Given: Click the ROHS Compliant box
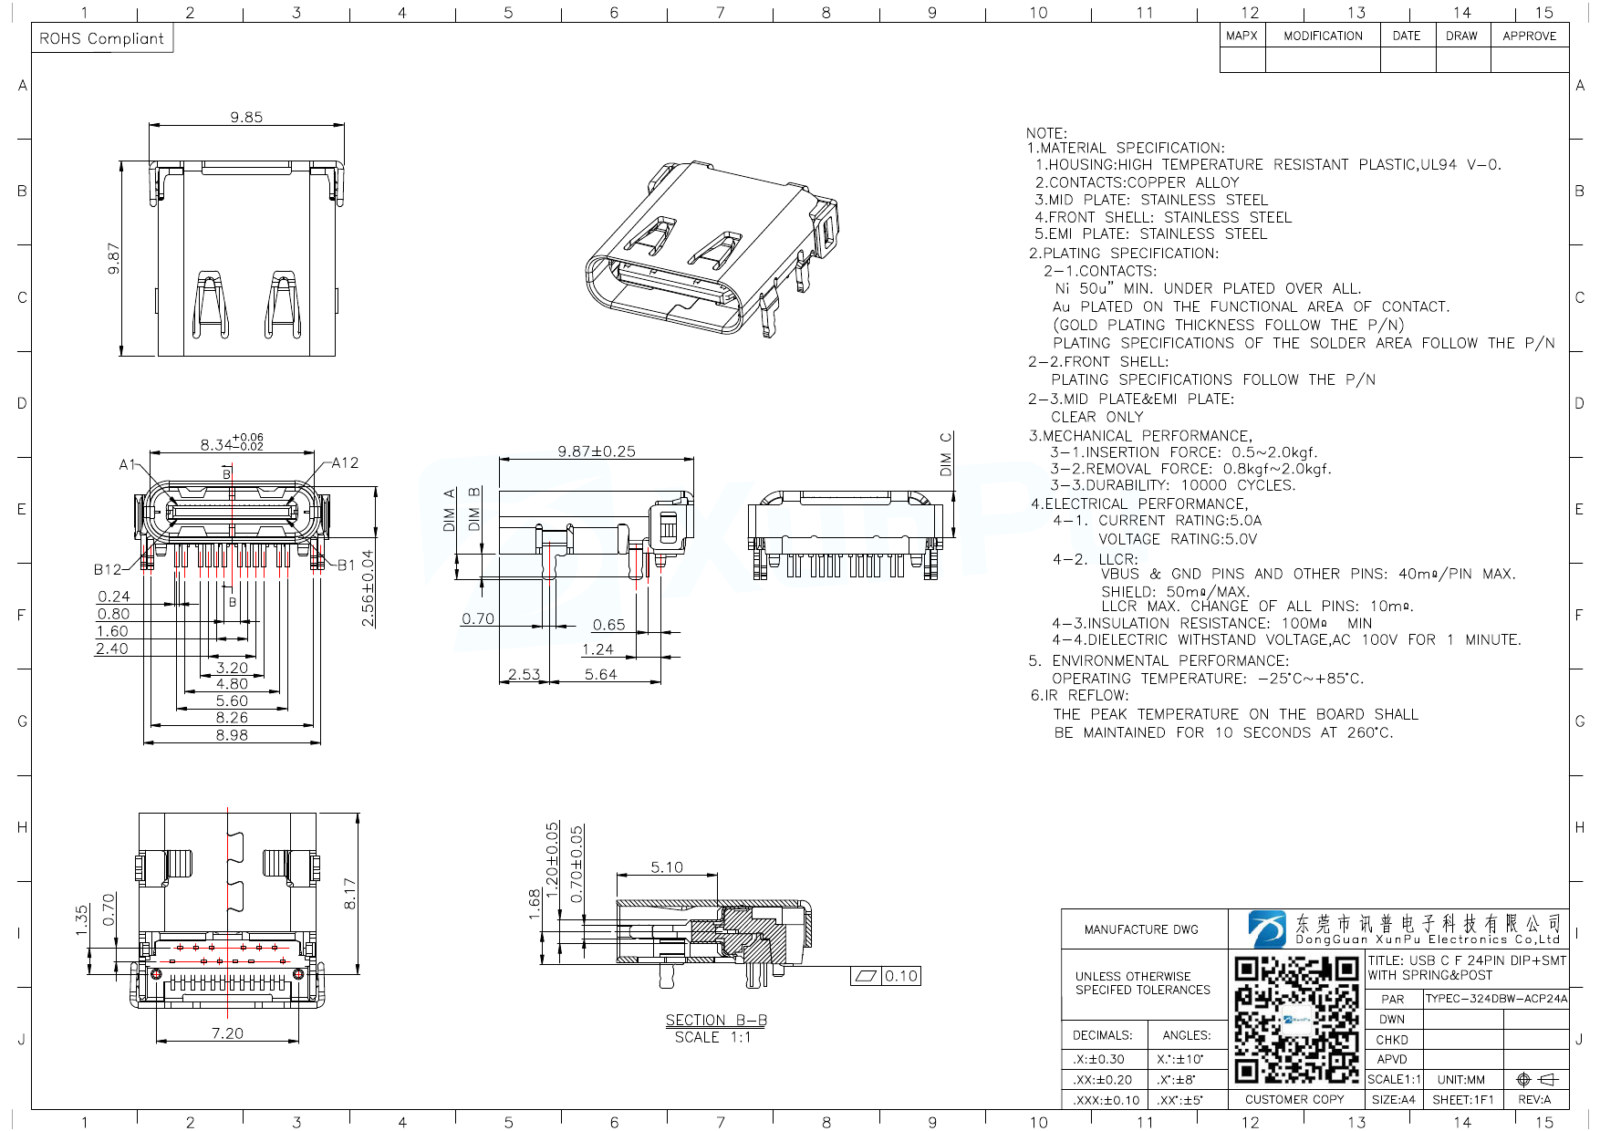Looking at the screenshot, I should point(102,38).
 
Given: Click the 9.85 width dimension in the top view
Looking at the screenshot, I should point(246,117).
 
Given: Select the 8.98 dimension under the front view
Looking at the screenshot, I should point(232,735).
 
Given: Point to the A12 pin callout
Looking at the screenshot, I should point(345,463).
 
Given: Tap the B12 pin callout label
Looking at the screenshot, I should point(107,570).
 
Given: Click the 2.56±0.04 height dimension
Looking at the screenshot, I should point(368,587).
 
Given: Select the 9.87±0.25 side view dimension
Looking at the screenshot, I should point(597,451).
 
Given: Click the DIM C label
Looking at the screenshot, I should point(946,453).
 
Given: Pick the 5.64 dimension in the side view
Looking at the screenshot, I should point(600,675).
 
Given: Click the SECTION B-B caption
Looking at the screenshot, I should point(715,1021).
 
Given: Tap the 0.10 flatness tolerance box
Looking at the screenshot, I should point(900,976).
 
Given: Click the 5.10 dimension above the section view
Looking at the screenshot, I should point(667,867).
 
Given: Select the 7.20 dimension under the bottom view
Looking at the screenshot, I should point(227,1033).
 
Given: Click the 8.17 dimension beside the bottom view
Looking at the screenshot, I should point(350,894).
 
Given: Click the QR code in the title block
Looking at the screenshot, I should point(1296,1019).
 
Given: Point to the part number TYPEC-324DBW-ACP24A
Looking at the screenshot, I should point(1496,999).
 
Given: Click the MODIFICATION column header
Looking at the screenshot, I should point(1323,36).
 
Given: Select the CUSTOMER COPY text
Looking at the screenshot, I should point(1294,1100).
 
